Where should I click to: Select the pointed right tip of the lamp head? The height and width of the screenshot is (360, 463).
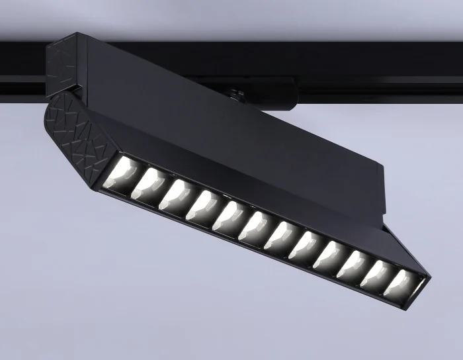pyautogui.click(x=427, y=275)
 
